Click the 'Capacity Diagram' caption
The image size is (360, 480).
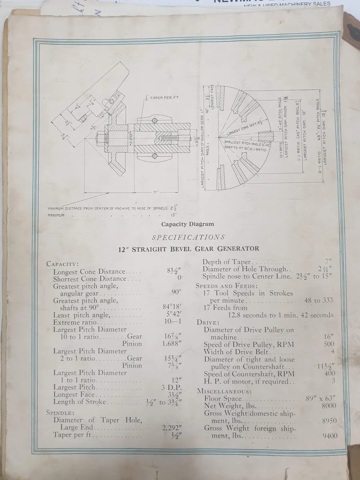point(188,224)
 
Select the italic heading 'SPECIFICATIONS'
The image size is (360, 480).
point(188,237)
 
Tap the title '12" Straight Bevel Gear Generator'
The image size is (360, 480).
point(188,249)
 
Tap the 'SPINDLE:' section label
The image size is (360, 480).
point(60,412)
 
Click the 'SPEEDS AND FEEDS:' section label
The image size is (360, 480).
point(226,286)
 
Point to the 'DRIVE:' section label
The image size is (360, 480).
point(208,322)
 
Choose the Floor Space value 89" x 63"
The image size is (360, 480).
point(320,398)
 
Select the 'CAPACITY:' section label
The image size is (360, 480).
point(62,264)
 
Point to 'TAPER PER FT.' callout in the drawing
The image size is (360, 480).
point(162,98)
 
